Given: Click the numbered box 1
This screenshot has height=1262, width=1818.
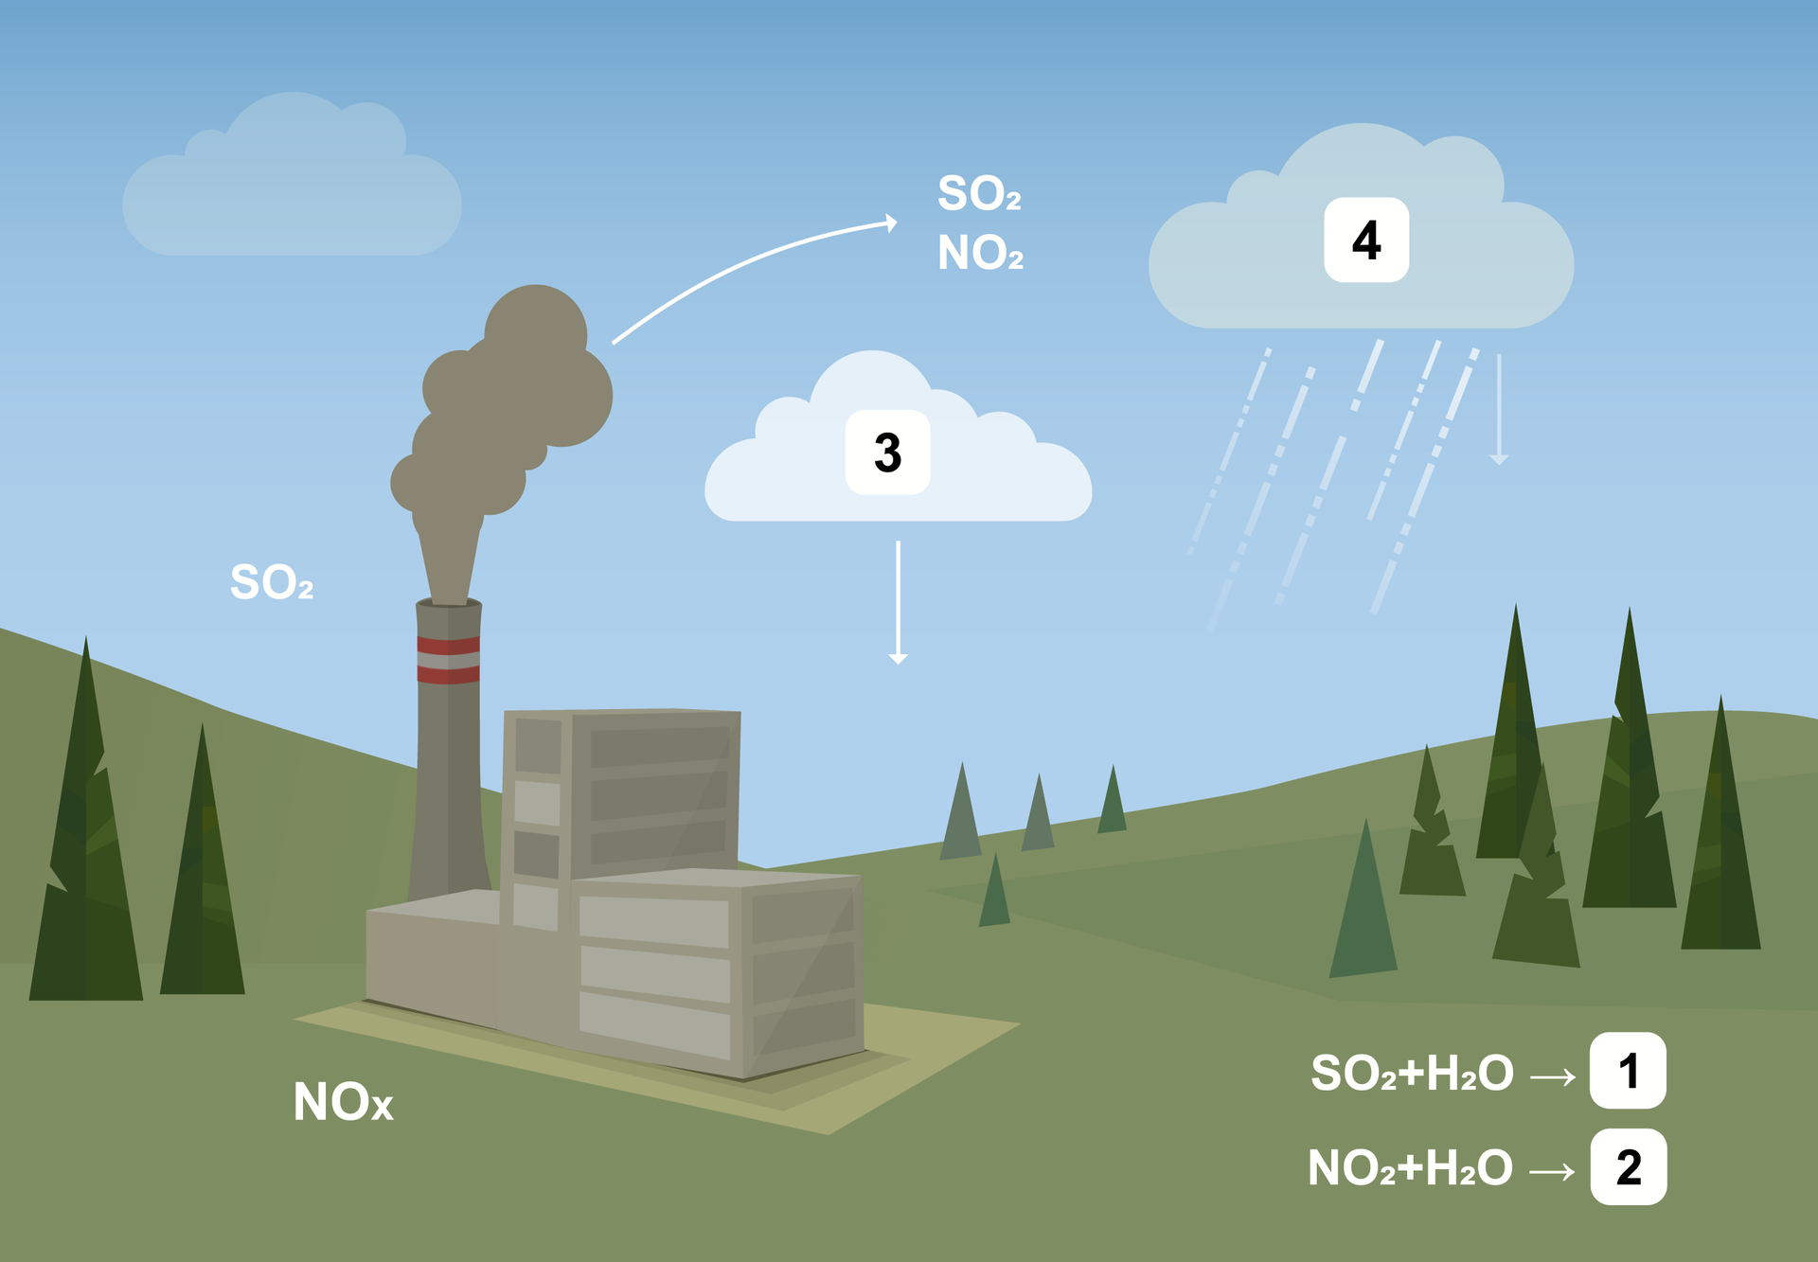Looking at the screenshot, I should click(1628, 1071).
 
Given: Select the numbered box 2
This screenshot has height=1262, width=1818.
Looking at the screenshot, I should click(1629, 1166).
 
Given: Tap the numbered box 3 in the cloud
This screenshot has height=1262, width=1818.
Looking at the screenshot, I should click(887, 453).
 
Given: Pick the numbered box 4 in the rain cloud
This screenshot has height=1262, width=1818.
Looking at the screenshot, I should click(1366, 240).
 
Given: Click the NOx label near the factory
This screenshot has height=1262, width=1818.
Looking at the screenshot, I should click(343, 1102).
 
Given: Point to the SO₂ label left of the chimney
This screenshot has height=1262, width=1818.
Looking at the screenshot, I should click(272, 581).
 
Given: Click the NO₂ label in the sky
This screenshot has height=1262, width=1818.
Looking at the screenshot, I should click(980, 253).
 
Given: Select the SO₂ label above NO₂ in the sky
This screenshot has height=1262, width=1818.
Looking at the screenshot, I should click(979, 193).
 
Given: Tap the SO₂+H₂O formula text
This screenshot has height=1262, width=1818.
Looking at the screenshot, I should click(1412, 1074).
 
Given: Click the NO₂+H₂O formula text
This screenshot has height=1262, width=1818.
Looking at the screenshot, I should click(1410, 1168).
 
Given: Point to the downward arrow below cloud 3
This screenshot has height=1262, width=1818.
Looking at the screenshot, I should click(898, 602).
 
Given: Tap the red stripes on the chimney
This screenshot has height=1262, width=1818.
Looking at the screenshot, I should click(448, 660).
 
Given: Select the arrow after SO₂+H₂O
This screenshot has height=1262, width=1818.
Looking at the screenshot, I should click(1553, 1076).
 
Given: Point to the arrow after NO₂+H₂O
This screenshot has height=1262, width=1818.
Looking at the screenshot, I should click(1553, 1172).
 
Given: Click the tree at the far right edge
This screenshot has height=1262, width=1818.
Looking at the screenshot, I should click(1720, 843).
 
